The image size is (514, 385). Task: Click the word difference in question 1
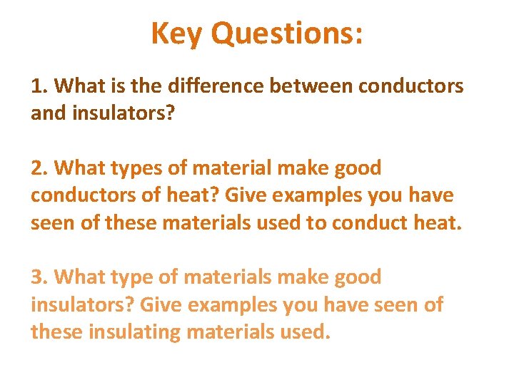[x=213, y=86]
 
